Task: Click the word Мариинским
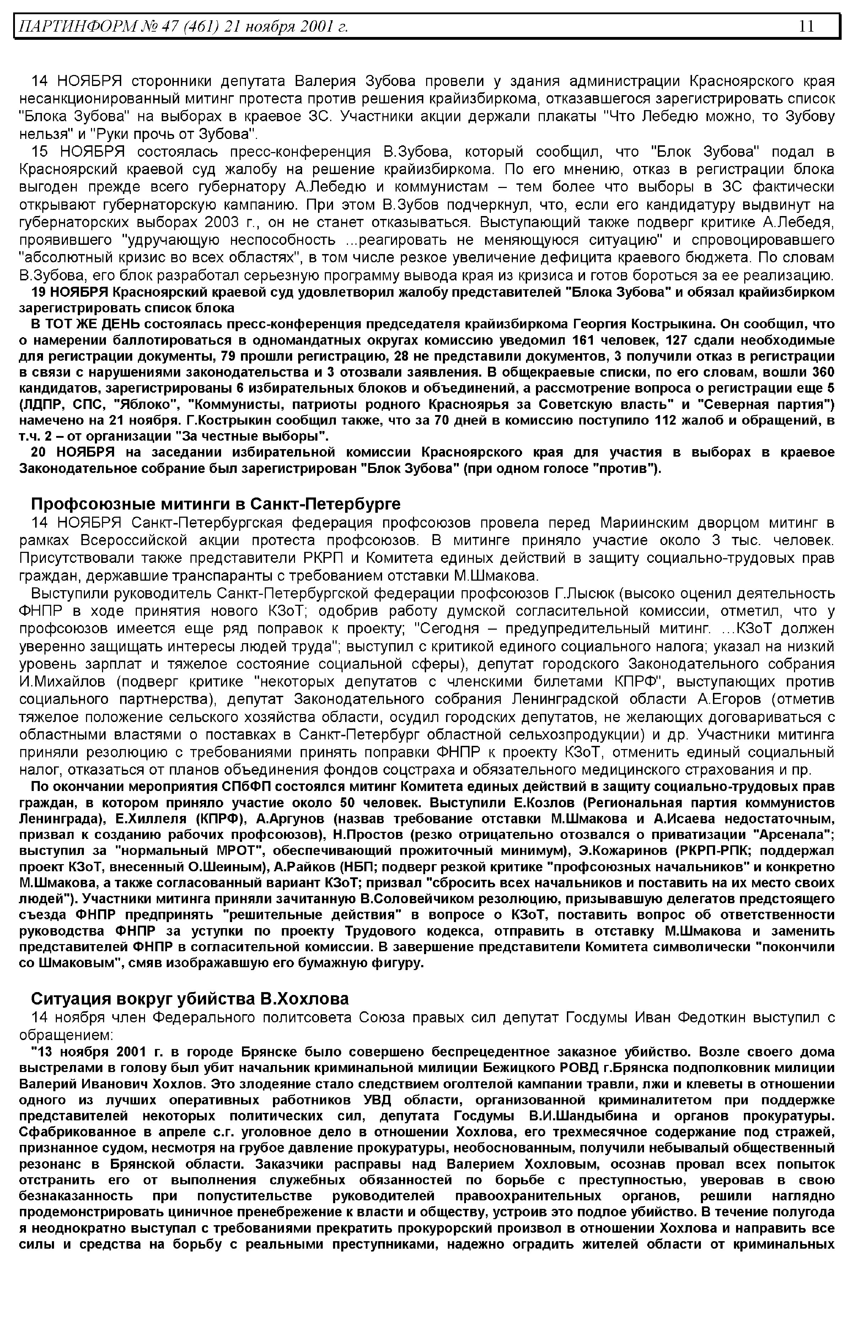coord(643,523)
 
